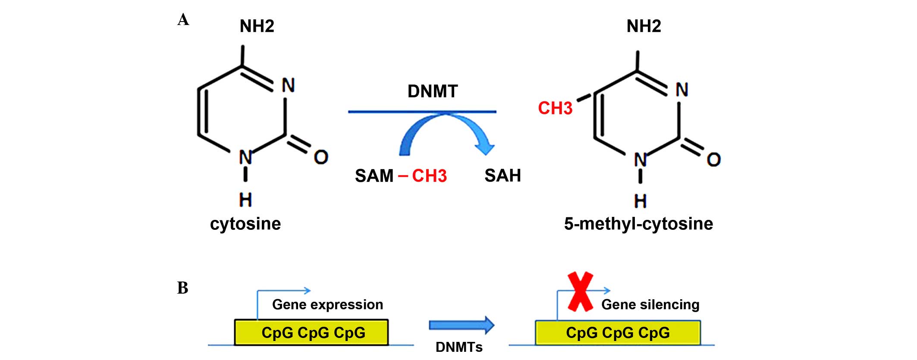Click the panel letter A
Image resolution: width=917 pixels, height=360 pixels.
pyautogui.click(x=183, y=20)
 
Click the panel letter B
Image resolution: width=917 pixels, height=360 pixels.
pyautogui.click(x=183, y=288)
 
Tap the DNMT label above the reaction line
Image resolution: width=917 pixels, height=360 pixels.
pyautogui.click(x=433, y=91)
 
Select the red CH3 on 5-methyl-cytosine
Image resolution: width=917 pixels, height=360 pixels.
pyautogui.click(x=555, y=108)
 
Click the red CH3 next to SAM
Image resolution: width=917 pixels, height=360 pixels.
pyautogui.click(x=429, y=176)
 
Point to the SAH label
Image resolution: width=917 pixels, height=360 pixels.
pyautogui.click(x=502, y=175)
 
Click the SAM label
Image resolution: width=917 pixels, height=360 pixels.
pyautogui.click(x=374, y=176)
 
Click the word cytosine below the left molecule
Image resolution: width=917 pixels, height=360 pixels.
pyautogui.click(x=245, y=224)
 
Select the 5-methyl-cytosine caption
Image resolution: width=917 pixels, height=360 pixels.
pyautogui.click(x=638, y=224)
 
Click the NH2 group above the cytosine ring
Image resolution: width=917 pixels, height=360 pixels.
pyautogui.click(x=257, y=26)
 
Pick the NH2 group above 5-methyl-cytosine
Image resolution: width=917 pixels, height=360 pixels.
pyautogui.click(x=644, y=26)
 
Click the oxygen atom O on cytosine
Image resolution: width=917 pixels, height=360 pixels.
pyautogui.click(x=321, y=157)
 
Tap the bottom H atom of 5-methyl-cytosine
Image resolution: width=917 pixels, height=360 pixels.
pyautogui.click(x=641, y=201)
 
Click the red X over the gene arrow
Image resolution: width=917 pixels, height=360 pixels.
pyautogui.click(x=581, y=291)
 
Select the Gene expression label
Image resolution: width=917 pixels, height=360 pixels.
pyautogui.click(x=327, y=305)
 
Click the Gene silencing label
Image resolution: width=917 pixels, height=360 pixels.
pyautogui.click(x=650, y=305)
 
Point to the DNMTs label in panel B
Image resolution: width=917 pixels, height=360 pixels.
pyautogui.click(x=459, y=347)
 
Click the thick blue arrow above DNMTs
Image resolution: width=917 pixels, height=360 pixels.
pyautogui.click(x=462, y=326)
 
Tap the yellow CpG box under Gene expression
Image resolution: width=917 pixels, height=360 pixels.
pyautogui.click(x=311, y=332)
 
